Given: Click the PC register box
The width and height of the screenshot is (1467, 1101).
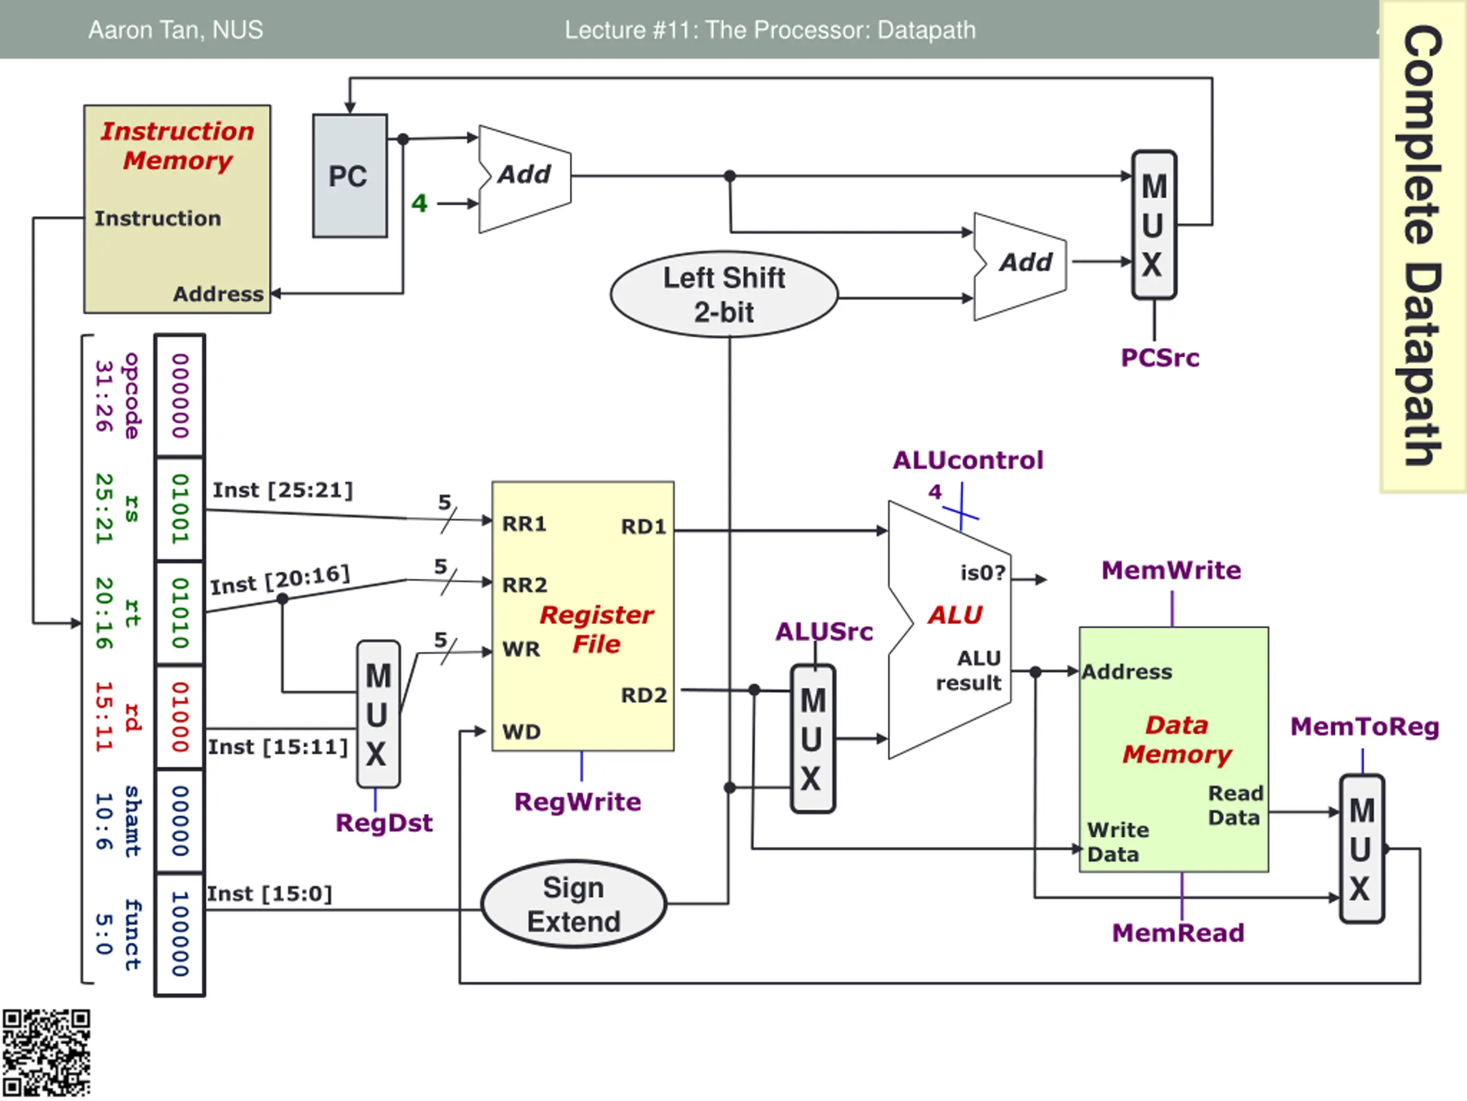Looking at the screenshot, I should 350,176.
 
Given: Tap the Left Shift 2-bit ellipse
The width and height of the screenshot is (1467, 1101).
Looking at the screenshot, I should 724,295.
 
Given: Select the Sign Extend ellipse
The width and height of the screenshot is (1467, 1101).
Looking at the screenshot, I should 574,904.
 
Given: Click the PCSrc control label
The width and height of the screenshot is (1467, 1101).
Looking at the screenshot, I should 1160,358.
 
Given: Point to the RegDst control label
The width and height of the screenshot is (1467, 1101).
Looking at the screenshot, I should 384,823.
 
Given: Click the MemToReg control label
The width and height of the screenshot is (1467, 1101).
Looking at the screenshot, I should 1364,726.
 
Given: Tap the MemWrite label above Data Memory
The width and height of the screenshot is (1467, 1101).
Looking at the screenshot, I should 1171,570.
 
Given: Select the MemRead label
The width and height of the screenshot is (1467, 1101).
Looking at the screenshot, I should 1178,932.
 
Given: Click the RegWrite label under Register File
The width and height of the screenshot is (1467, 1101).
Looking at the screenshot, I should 578,802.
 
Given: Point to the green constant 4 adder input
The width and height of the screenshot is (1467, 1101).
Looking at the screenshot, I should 419,203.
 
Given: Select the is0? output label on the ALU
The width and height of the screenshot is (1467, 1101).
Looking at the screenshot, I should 983,572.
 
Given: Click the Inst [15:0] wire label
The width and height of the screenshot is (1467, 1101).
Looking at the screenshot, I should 269,893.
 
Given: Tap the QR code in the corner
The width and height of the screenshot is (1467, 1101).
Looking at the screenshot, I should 46,1054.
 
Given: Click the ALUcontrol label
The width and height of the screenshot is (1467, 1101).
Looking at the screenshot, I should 968,460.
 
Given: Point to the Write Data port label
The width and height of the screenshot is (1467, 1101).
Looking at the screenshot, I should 1117,841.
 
